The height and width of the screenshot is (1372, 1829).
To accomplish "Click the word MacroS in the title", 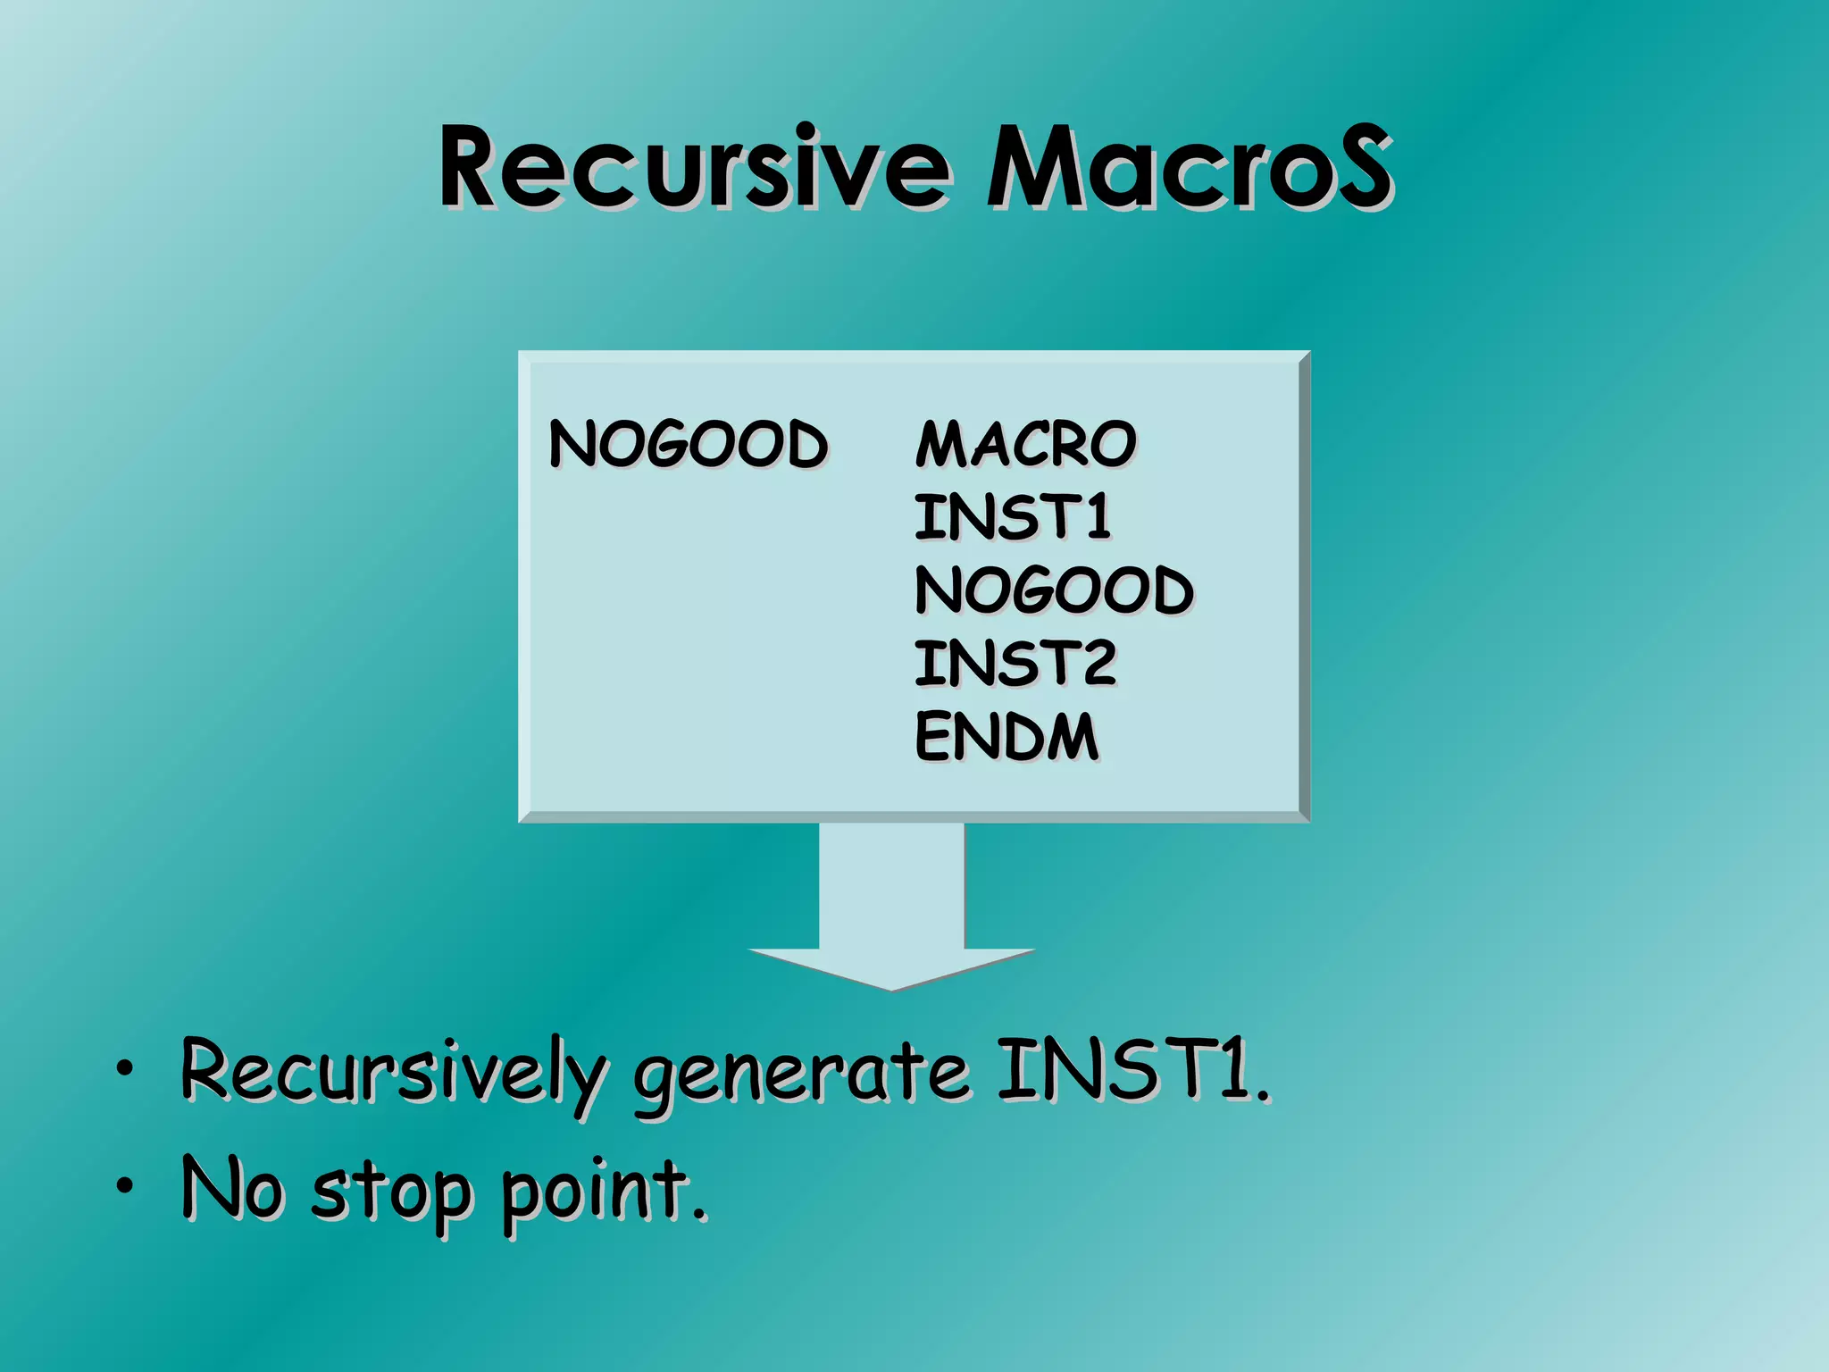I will click(x=1188, y=168).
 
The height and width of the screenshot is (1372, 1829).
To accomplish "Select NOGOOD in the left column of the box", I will click(x=688, y=444).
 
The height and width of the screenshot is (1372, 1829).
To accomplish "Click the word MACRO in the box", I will click(x=1025, y=444).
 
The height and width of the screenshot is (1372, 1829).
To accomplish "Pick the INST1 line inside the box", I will click(x=1012, y=517).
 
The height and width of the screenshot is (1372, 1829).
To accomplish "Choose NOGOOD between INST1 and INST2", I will click(x=1054, y=590).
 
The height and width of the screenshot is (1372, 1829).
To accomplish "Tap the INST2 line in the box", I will click(x=1015, y=664).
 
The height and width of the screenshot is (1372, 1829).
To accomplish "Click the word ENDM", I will click(x=1006, y=737).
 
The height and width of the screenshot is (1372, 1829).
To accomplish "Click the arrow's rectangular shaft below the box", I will click(x=891, y=884).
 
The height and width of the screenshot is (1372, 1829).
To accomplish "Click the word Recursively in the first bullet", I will click(x=393, y=1072).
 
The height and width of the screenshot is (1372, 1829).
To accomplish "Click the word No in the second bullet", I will click(x=232, y=1188).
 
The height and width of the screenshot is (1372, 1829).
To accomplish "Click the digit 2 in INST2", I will click(x=1095, y=664).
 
